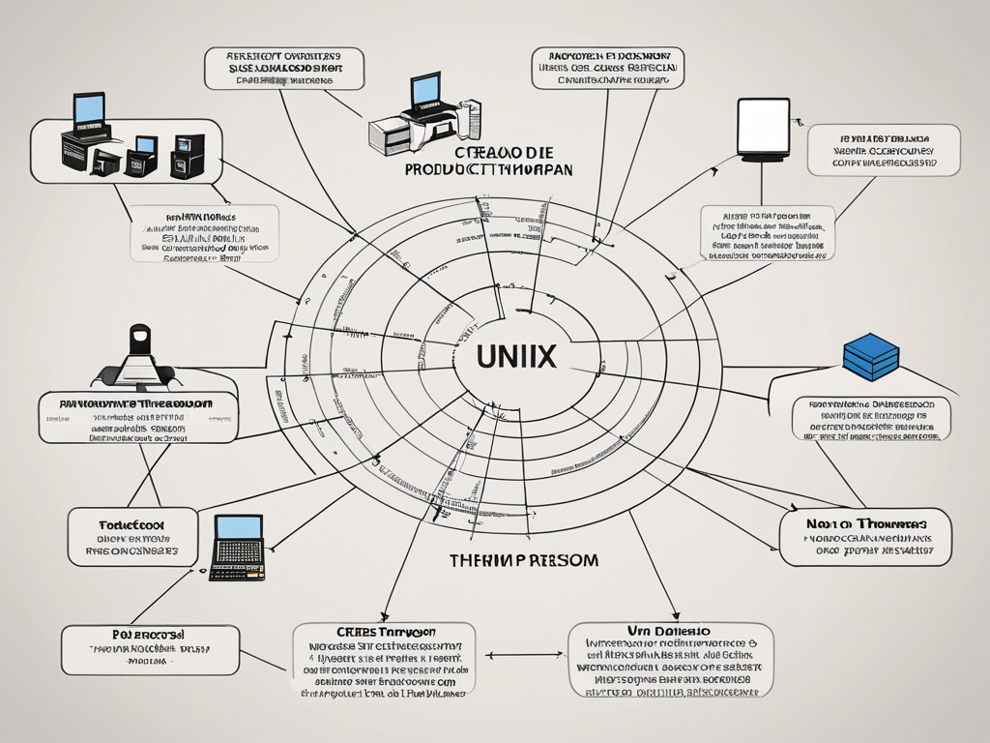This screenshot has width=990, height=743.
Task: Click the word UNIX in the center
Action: click(x=515, y=355)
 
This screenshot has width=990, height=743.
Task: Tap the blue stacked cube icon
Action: click(x=871, y=355)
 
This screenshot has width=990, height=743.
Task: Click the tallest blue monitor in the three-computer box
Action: click(x=89, y=108)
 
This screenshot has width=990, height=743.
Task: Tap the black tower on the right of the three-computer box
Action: click(x=188, y=155)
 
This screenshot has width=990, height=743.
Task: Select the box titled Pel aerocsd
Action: click(x=150, y=649)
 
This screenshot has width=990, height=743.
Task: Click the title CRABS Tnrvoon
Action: click(x=384, y=630)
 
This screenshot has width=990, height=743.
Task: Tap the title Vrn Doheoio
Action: click(x=670, y=630)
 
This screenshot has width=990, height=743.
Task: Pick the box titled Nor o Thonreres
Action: click(x=865, y=537)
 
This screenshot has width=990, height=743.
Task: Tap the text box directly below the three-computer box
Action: click(x=204, y=233)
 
